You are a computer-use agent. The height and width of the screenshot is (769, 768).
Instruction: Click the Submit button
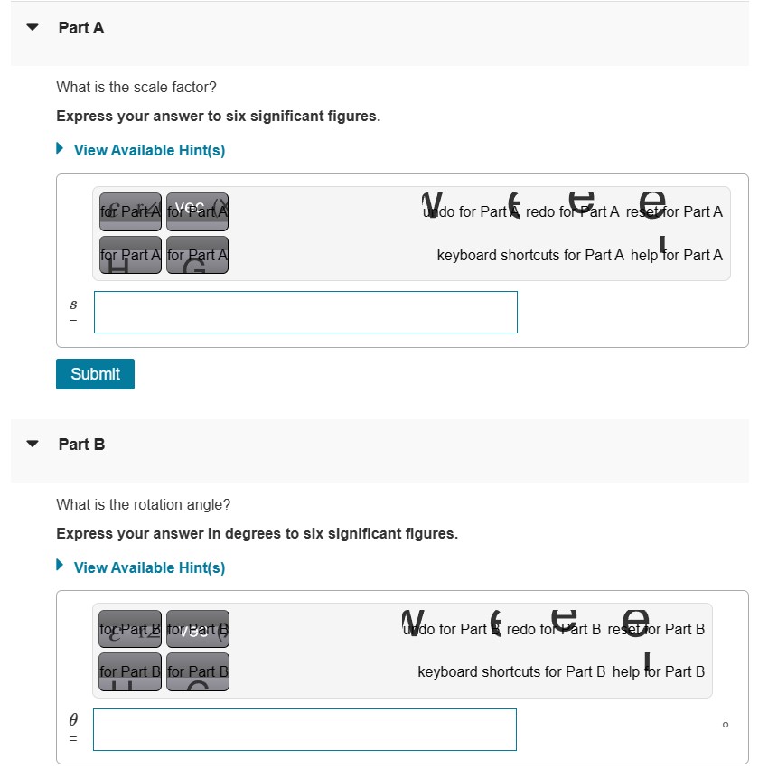[x=95, y=374]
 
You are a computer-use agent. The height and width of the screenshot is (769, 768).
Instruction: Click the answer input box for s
[x=305, y=312]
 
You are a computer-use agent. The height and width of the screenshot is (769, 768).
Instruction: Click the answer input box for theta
[x=304, y=729]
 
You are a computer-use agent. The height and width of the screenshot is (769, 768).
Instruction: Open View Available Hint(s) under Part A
[x=149, y=150]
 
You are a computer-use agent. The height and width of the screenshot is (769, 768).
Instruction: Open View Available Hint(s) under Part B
[x=149, y=567]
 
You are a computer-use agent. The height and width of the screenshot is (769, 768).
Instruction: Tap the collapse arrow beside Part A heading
[x=33, y=28]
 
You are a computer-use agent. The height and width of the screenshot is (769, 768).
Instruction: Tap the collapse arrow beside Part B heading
[x=33, y=445]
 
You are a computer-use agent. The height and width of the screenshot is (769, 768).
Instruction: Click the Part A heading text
[x=81, y=28]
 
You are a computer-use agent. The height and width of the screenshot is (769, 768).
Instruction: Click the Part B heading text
[x=81, y=445]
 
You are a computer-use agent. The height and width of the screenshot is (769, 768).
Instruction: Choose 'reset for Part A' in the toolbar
[x=674, y=211]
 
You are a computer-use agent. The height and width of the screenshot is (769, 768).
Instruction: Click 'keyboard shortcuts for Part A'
[x=530, y=255]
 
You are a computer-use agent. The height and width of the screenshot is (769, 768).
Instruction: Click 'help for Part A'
[x=677, y=255]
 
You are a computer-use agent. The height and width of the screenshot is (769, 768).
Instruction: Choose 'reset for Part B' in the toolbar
[x=656, y=629]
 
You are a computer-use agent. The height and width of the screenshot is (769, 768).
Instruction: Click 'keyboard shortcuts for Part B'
[x=511, y=671]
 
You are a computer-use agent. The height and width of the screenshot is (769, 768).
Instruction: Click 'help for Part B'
[x=659, y=671]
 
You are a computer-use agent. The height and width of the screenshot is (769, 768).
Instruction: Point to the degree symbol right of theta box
[x=725, y=724]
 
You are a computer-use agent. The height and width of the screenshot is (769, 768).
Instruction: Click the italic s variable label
[x=74, y=305]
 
